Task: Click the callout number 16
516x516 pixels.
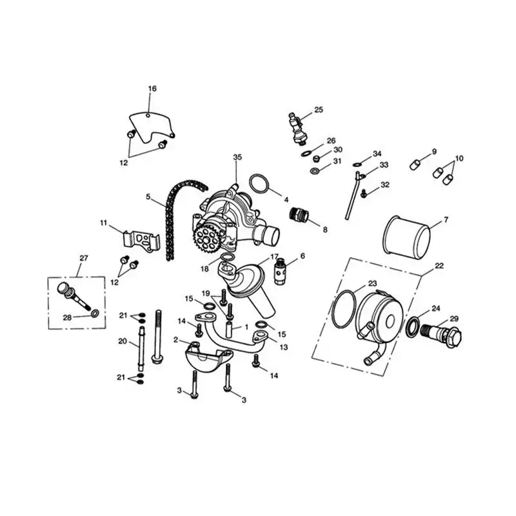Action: click(x=152, y=88)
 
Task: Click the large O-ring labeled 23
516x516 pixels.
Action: click(x=344, y=309)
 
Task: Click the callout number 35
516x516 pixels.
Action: click(x=237, y=157)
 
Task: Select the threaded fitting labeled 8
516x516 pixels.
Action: click(x=299, y=214)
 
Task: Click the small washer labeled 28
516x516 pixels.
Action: click(x=95, y=314)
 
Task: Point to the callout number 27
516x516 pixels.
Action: click(x=84, y=258)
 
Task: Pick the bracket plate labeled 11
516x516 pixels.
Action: click(x=141, y=241)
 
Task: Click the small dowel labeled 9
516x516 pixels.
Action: click(x=415, y=164)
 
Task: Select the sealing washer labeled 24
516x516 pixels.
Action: click(x=413, y=326)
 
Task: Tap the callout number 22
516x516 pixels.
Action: click(x=439, y=266)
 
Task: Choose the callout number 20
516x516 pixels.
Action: click(x=123, y=341)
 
